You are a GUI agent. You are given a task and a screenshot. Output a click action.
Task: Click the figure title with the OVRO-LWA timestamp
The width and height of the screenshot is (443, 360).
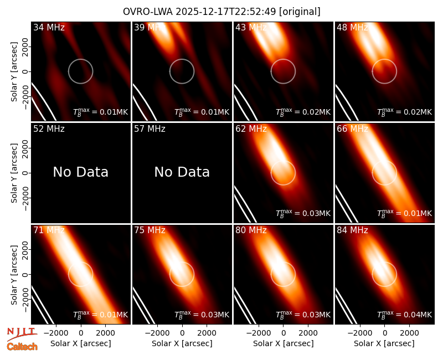coord(221,12)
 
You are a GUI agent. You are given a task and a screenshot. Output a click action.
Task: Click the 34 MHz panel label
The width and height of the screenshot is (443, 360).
coord(49,27)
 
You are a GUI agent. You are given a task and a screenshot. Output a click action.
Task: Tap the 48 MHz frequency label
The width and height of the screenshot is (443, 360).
coord(352,27)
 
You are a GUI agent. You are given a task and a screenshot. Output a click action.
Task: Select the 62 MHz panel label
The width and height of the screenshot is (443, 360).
coord(251,129)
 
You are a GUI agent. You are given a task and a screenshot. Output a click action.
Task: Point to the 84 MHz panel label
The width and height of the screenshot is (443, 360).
coord(352,230)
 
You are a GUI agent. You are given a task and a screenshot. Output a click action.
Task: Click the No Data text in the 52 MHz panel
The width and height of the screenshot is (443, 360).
coord(80,172)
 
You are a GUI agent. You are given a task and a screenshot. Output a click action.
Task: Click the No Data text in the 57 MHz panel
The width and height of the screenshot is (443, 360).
coord(182,172)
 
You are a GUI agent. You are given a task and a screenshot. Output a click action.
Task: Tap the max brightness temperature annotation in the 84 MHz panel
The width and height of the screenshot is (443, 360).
coord(404,315)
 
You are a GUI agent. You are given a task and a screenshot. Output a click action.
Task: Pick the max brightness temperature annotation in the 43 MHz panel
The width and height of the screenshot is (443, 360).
coord(303,112)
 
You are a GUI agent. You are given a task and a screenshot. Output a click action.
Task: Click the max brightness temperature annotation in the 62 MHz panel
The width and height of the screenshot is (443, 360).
coord(303,213)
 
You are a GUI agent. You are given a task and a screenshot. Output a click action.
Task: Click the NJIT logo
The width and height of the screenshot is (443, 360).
coord(22,333)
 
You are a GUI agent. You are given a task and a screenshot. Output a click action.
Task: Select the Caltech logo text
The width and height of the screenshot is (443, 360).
coord(22,347)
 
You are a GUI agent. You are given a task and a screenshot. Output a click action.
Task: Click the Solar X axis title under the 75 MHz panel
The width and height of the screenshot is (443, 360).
coord(182,343)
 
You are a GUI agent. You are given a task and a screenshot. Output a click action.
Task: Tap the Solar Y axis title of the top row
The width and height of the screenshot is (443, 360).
coord(14,72)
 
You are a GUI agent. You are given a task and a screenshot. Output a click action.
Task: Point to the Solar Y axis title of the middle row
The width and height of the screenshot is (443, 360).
coord(14,173)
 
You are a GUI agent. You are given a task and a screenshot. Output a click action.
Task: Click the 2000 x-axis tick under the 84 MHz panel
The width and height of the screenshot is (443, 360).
coord(409,333)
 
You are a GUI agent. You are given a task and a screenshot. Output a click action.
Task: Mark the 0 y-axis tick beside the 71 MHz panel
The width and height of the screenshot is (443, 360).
coord(25,274)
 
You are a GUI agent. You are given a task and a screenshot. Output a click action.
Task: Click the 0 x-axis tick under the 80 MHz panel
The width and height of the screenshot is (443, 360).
coord(283,333)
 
